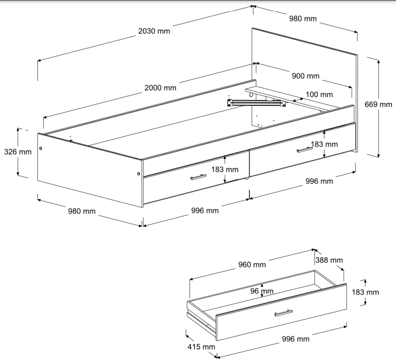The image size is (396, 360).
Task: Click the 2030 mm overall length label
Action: (154, 31)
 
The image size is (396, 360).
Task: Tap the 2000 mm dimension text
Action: (160, 88)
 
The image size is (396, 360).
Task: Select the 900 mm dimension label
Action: (306, 76)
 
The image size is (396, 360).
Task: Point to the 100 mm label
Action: (319, 94)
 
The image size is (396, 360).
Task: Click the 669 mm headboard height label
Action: (378, 104)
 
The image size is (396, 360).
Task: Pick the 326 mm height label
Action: (18, 151)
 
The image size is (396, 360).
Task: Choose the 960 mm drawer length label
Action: (252, 265)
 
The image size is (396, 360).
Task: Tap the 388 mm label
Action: (329, 260)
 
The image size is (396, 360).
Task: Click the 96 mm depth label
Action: (262, 291)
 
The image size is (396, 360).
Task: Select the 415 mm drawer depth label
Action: (201, 347)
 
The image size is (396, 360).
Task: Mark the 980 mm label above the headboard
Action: (303, 18)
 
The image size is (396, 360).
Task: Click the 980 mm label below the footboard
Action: (82, 211)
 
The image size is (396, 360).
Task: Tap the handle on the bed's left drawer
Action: (198, 177)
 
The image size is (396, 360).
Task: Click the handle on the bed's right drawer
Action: (305, 150)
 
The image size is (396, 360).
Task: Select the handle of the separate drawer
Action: (283, 313)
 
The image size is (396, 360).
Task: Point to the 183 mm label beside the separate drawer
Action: (365, 292)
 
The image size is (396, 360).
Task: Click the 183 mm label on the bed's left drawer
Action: (225, 169)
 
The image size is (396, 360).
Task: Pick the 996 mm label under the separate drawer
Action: (295, 339)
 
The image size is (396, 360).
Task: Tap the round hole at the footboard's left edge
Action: (41, 148)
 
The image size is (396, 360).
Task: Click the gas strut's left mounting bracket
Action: (230, 103)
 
